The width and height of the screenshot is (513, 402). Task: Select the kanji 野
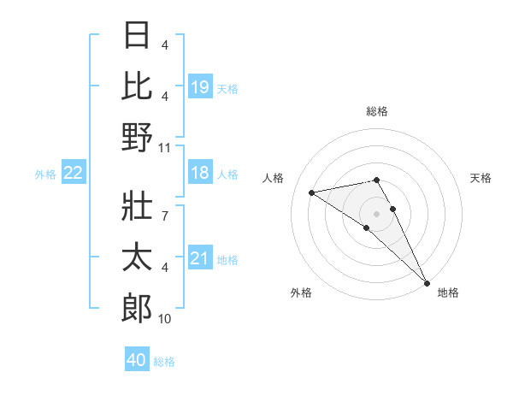138,137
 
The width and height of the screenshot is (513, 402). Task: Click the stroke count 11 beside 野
166,147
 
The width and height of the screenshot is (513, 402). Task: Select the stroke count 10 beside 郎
166,319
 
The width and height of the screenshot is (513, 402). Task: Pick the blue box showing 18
199,174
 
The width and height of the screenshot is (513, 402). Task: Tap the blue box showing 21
199,258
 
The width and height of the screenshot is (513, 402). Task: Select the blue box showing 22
74,174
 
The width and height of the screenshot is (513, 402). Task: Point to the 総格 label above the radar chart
377,111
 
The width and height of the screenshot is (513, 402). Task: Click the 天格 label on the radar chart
481,178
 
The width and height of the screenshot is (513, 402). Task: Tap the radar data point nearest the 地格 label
427,282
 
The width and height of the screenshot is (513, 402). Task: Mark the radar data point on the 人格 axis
312,192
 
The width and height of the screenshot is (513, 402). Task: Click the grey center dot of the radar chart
377,213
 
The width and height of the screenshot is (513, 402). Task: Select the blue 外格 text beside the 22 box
45,174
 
